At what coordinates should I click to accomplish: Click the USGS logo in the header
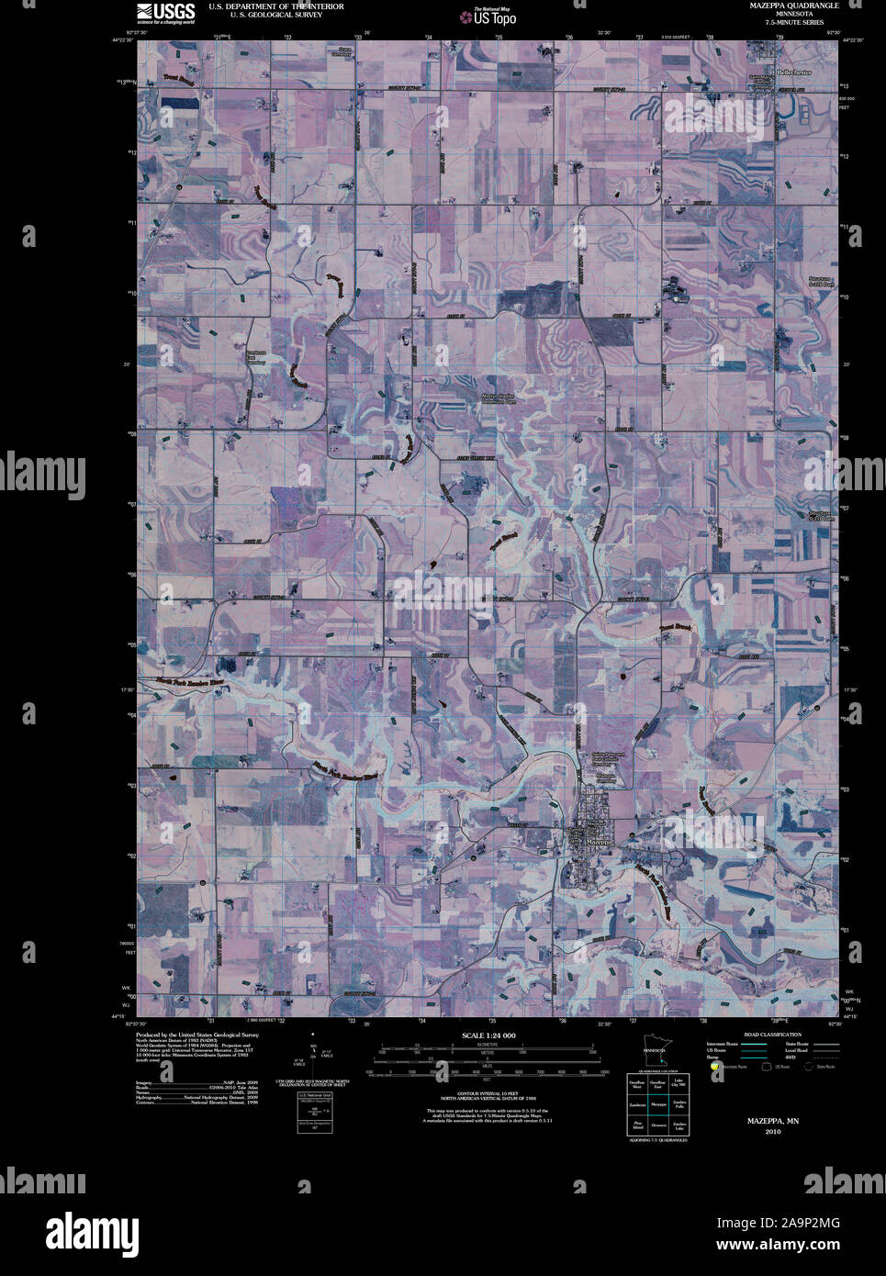(x=165, y=12)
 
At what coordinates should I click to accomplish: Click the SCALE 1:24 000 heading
(x=487, y=1035)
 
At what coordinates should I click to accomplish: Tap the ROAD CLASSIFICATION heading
(x=773, y=1035)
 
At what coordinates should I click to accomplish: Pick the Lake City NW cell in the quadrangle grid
(x=679, y=1084)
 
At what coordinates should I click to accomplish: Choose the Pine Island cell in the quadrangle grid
(x=635, y=1125)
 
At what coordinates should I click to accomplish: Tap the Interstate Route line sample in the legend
(x=755, y=1044)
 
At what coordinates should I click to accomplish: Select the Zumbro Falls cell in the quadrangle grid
(x=679, y=1105)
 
